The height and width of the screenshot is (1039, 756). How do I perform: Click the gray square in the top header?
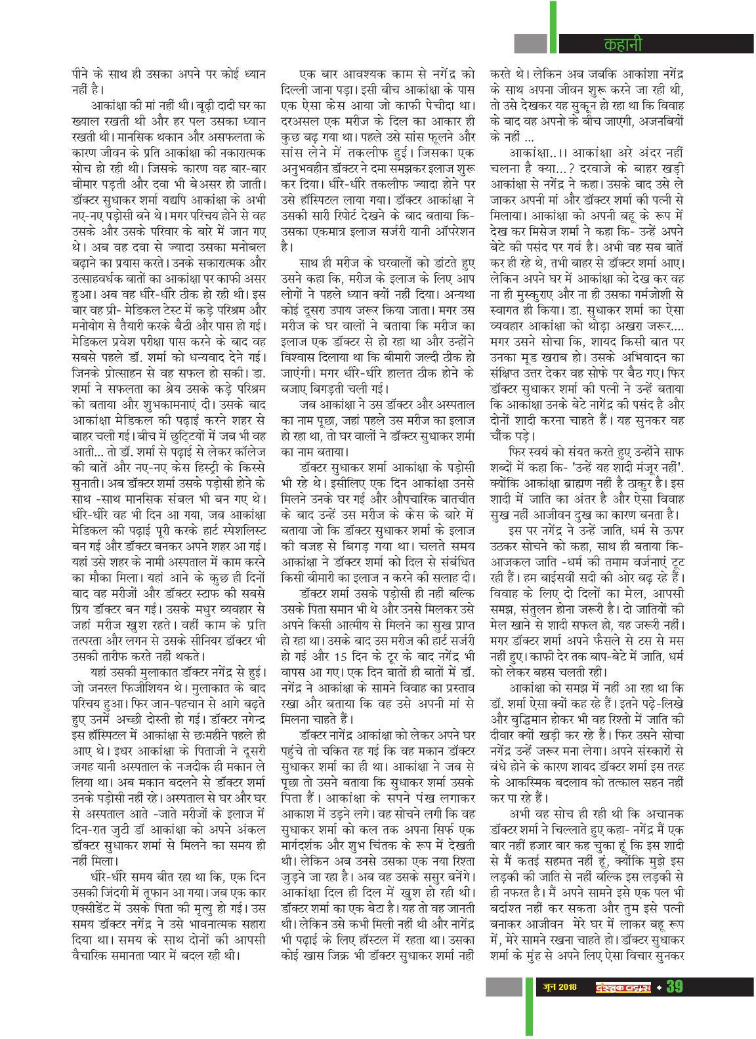pos(530,44)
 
